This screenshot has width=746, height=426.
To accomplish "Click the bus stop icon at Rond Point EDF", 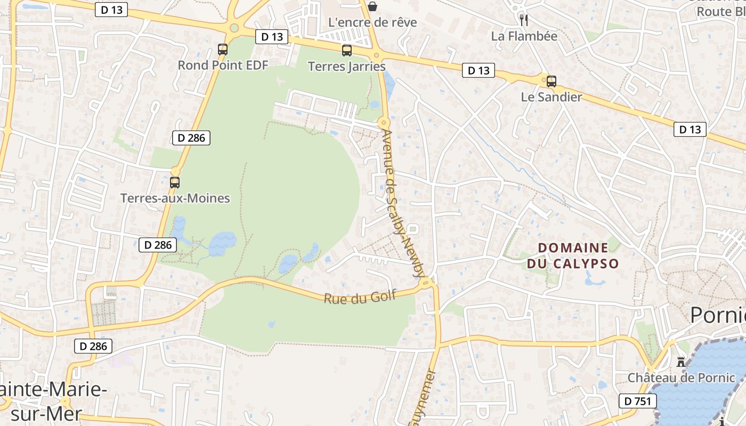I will pyautogui.click(x=223, y=50).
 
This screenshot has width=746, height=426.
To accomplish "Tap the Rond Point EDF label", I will pyautogui.click(x=223, y=65).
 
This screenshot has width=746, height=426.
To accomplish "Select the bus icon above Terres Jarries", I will pyautogui.click(x=346, y=51).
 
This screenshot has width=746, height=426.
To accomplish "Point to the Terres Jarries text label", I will pyautogui.click(x=347, y=67).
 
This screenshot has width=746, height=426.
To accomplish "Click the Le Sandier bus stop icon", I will pyautogui.click(x=551, y=81).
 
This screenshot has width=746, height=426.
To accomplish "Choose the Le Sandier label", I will pyautogui.click(x=551, y=97).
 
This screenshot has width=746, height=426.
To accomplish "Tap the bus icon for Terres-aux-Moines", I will pyautogui.click(x=175, y=182).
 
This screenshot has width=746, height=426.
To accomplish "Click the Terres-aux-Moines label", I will pyautogui.click(x=175, y=199).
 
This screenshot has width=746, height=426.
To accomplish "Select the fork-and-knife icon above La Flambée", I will pyautogui.click(x=524, y=20).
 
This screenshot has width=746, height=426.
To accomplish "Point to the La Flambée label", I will pyautogui.click(x=524, y=36).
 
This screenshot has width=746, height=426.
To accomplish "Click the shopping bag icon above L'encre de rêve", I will pyautogui.click(x=372, y=6).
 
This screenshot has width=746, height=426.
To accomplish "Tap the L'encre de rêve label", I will pyautogui.click(x=372, y=22).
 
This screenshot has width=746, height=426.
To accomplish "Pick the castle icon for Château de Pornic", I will pyautogui.click(x=681, y=362).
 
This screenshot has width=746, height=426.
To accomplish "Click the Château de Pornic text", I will pyautogui.click(x=681, y=378).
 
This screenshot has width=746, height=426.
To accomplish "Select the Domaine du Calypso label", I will pyautogui.click(x=573, y=256).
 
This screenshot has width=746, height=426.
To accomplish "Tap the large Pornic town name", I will pyautogui.click(x=717, y=315).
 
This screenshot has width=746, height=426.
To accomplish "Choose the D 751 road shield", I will pyautogui.click(x=637, y=401).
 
